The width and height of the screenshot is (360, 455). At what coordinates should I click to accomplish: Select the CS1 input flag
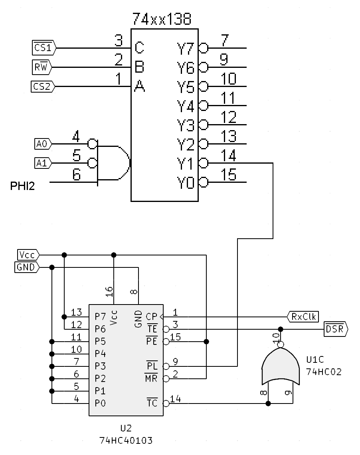(43, 48)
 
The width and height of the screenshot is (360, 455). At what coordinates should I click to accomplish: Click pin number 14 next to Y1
(228, 156)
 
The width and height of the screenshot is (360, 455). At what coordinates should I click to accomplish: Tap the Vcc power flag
(27, 255)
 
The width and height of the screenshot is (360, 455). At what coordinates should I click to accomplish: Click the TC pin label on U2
(152, 404)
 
